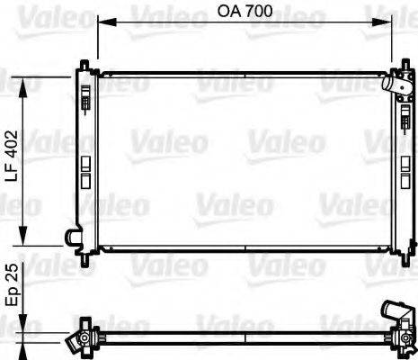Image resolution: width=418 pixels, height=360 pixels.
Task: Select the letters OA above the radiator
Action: pyautogui.click(x=231, y=13)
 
